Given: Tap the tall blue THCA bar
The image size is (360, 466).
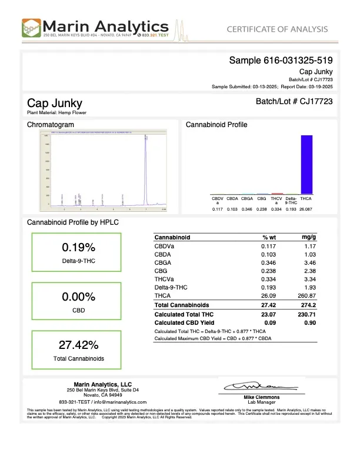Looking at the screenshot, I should pos(306,164).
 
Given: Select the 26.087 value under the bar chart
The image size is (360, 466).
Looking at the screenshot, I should pos(306,209).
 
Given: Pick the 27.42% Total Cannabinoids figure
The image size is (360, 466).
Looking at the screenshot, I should pos(78,345).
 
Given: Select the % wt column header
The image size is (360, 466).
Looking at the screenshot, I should pos(269,237).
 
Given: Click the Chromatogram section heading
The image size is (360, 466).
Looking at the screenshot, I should pos(51,125).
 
